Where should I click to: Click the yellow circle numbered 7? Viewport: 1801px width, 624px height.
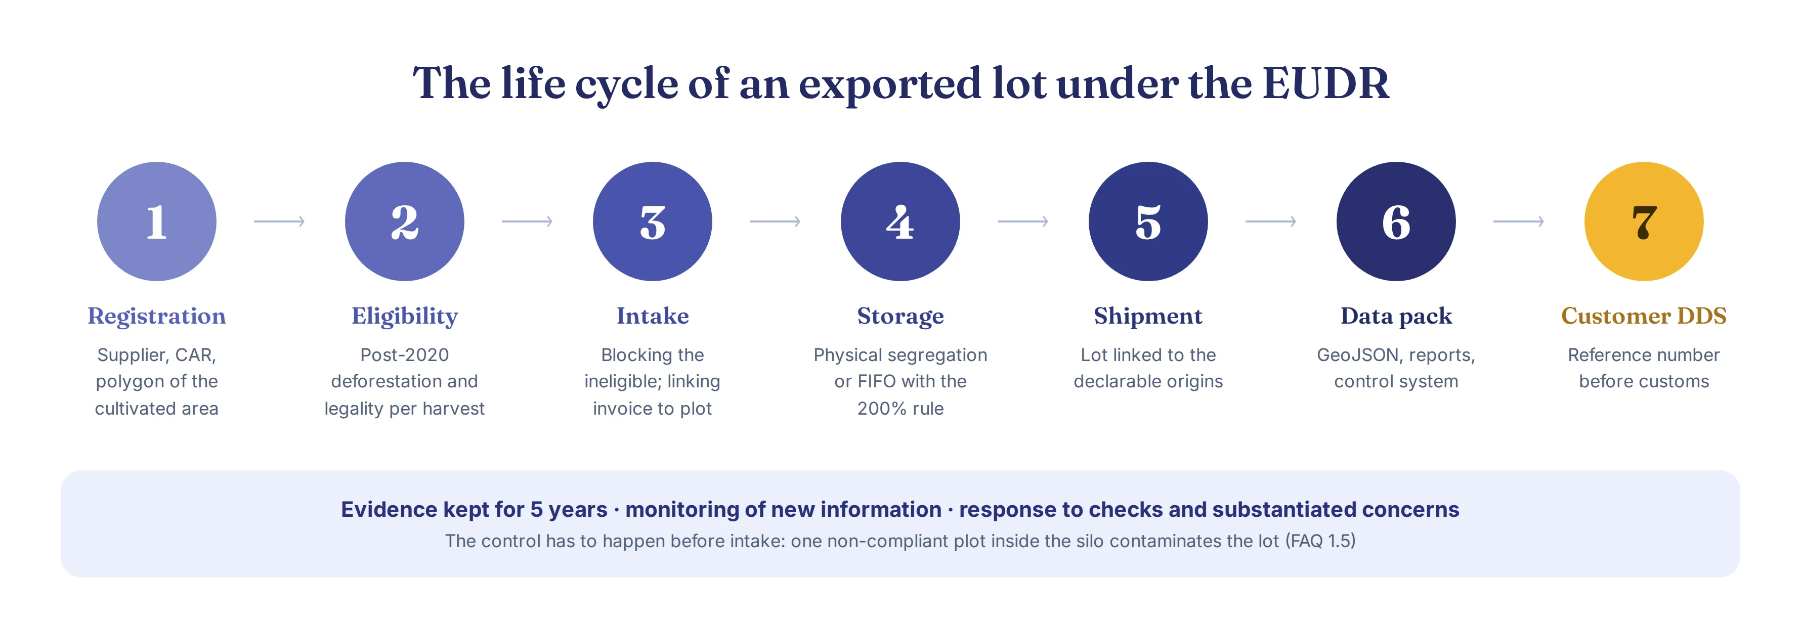(x=1644, y=221)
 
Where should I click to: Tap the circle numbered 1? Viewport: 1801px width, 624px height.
(x=157, y=221)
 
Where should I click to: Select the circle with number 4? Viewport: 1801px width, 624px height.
(x=900, y=221)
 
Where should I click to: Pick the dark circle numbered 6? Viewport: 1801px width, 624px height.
(x=1396, y=221)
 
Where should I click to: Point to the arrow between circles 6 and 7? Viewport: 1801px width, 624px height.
(x=1519, y=221)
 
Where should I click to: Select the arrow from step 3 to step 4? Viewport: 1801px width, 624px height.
(x=775, y=221)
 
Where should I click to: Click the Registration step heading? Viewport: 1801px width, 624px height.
(x=157, y=317)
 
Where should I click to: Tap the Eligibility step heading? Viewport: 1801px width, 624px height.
(x=405, y=317)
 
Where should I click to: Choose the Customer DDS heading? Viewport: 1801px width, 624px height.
(x=1644, y=316)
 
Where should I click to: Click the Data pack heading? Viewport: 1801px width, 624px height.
(x=1396, y=317)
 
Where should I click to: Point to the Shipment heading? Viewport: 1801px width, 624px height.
(x=1148, y=317)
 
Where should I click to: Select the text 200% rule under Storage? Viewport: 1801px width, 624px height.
(x=900, y=409)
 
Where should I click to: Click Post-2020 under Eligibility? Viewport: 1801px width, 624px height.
(x=405, y=355)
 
